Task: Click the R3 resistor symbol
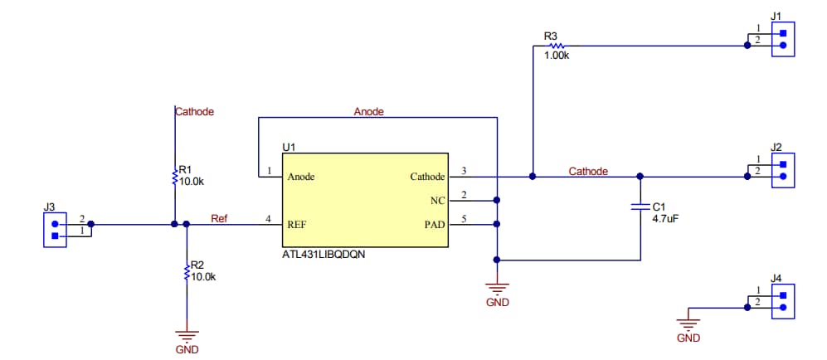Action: point(551,46)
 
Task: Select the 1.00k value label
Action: point(557,56)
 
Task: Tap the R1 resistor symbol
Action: point(175,176)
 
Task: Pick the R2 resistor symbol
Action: point(187,271)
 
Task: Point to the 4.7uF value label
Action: point(666,219)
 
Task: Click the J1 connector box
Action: point(782,40)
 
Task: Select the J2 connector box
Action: point(782,170)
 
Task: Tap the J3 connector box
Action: point(55,229)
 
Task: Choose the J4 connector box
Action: point(782,301)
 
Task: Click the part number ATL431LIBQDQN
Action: point(324,255)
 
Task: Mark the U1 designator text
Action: point(289,147)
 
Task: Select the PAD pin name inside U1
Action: point(432,224)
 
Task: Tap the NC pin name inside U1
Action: point(437,200)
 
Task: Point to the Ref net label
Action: point(219,219)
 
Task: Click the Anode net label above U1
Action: point(368,111)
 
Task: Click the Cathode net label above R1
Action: point(195,111)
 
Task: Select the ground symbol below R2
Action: point(187,336)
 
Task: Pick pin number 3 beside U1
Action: point(464,171)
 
